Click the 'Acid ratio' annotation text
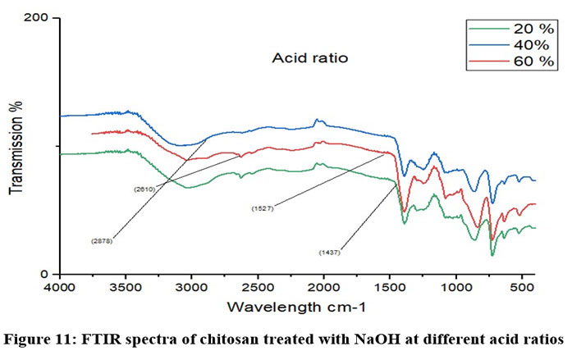pos(311,59)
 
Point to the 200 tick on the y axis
pos(39,18)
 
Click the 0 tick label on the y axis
pos(47,274)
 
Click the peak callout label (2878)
pos(102,241)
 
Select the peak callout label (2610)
pos(144,189)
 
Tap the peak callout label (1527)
pos(263,209)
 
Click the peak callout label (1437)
pos(329,253)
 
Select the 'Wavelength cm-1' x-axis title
pos(296,307)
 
